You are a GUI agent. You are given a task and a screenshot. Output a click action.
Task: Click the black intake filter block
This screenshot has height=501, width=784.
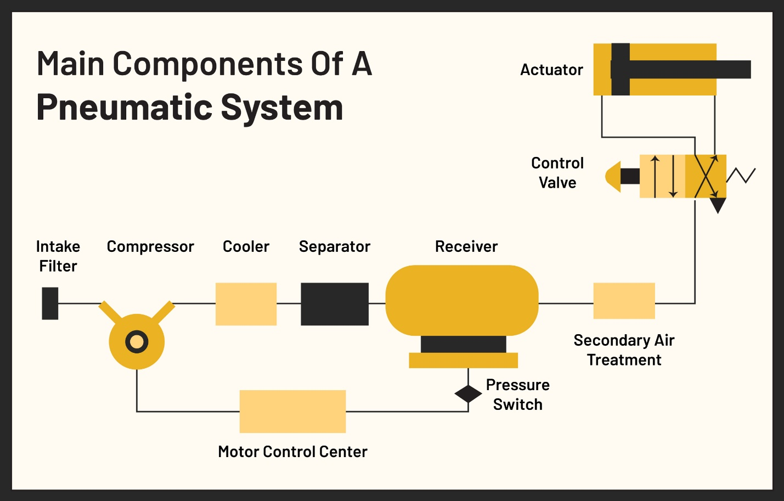tap(50, 303)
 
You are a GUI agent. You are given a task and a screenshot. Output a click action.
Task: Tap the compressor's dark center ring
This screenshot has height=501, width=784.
tap(137, 342)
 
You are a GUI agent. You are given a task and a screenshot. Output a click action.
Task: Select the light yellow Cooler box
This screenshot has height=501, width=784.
tap(246, 304)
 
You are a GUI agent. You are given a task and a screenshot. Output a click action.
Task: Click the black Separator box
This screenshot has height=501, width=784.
tap(335, 304)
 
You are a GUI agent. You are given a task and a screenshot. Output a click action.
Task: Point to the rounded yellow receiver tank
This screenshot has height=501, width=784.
tap(462, 300)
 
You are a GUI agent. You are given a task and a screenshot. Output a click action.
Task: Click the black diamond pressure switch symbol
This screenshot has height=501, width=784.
tap(468, 393)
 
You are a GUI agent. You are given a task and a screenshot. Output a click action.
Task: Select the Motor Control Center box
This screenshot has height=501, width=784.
tap(292, 412)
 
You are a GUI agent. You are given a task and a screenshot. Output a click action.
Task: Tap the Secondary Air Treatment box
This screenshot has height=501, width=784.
tap(624, 301)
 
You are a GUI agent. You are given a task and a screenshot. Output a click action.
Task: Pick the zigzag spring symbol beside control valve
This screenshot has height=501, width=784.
tap(741, 176)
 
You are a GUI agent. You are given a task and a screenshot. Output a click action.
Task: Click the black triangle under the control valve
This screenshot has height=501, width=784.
tap(718, 205)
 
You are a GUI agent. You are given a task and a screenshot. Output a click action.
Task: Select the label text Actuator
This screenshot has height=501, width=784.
tap(551, 70)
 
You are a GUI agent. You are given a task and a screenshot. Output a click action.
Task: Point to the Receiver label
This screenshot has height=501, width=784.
tap(466, 247)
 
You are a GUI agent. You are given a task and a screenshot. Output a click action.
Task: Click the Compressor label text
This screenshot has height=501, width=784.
tap(150, 247)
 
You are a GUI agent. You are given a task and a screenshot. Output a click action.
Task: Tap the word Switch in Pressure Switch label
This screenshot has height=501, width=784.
tap(517, 404)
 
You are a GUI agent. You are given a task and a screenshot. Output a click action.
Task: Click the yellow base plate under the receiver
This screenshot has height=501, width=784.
tap(463, 361)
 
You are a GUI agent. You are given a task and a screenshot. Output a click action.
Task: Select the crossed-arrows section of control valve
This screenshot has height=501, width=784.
tap(706, 176)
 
